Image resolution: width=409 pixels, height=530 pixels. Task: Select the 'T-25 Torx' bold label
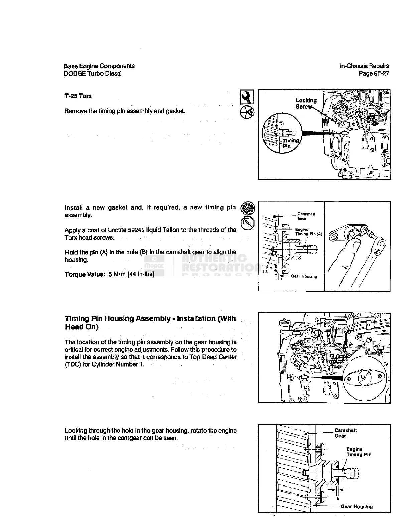pos(78,96)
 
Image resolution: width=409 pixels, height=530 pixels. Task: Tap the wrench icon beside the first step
pos(247,97)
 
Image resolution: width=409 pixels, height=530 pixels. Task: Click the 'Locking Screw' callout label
pos(306,103)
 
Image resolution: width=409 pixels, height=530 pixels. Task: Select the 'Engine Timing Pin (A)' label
pos(308,232)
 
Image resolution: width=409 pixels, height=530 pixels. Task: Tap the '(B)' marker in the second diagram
pos(266,271)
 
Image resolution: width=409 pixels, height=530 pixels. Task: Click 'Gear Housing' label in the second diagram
pos(304,276)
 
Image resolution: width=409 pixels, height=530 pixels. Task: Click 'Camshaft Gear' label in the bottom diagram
pos(345,433)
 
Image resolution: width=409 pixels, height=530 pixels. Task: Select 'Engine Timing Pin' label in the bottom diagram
pos(358,452)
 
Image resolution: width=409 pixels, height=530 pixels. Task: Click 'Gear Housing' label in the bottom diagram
pos(356,507)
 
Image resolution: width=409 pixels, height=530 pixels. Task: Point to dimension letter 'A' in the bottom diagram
pos(338,498)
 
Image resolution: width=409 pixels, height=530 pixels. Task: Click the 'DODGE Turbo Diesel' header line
pos(93,74)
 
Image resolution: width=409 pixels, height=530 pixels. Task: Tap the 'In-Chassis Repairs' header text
pos(364,66)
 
